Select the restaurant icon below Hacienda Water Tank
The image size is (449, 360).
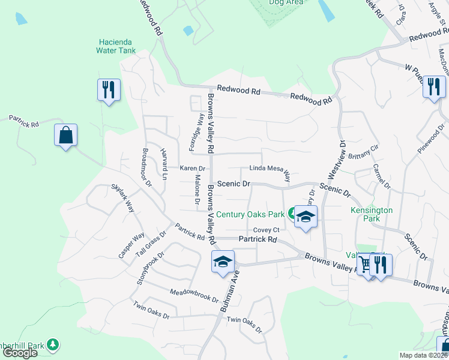[x=109, y=90]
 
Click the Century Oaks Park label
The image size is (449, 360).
[x=250, y=214]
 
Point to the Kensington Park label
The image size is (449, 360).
[x=372, y=214]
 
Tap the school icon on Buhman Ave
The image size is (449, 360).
[x=222, y=262]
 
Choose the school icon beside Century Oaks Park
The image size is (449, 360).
[x=306, y=217]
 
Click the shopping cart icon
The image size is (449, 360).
[x=364, y=264]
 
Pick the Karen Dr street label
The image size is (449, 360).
[x=192, y=169]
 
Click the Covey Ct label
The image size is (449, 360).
[x=266, y=230]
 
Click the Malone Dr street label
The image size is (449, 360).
[x=196, y=188]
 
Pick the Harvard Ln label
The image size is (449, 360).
[x=163, y=163]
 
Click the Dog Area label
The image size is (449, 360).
[x=284, y=2]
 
